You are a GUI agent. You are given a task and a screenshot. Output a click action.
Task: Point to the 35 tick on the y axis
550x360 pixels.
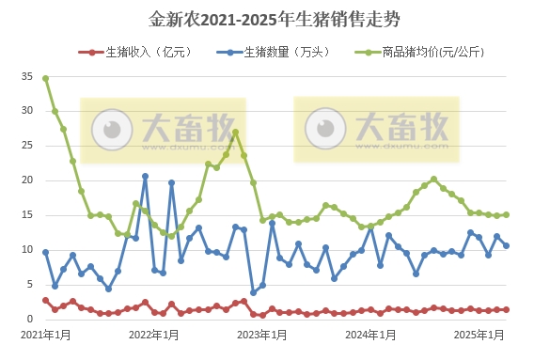coord(25,79)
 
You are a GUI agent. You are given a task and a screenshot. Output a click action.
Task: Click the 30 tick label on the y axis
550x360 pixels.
coord(25,111)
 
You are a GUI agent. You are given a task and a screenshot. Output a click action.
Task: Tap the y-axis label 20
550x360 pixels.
coord(25,180)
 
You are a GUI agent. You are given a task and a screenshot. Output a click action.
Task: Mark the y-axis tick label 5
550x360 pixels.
coord(29,285)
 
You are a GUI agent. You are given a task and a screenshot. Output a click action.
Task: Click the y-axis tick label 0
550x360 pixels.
coord(29,320)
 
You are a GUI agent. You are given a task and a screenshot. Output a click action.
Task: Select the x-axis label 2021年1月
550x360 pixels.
coord(45,335)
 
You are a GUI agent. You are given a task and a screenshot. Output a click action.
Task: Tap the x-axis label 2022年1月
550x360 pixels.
coord(153,335)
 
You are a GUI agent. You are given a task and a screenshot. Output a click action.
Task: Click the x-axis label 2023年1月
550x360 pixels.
coord(261,335)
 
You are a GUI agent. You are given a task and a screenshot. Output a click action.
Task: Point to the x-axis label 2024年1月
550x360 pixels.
coord(369,335)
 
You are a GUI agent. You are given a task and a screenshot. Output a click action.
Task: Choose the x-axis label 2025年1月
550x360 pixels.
coord(479,335)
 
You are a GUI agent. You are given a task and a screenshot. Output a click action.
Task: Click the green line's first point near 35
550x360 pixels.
coord(45,78)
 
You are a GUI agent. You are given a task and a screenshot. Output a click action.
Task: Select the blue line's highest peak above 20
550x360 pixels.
coord(145,176)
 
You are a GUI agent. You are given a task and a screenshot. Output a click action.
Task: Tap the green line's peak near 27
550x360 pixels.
coord(235,132)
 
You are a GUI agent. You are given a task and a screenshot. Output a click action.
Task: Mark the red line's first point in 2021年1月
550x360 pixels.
coord(45,300)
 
